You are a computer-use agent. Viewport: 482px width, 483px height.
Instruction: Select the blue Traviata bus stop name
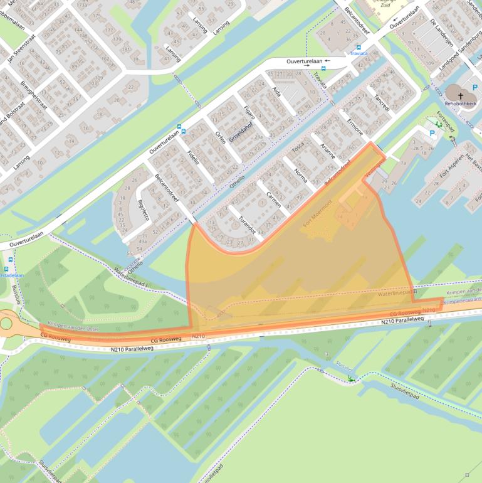point(359,53)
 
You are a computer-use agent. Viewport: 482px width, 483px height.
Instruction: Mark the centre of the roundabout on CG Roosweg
point(6,324)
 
